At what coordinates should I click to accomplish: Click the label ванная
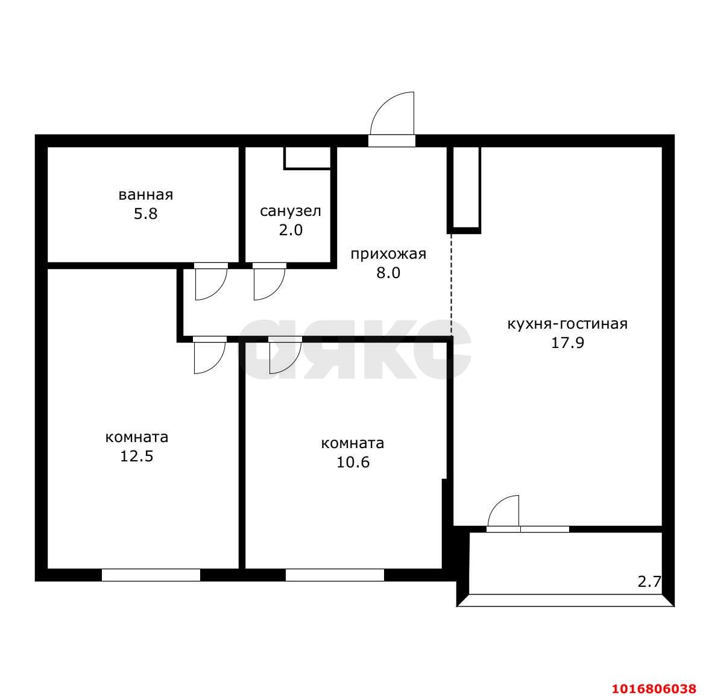[146, 195]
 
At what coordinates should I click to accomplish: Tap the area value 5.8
[146, 213]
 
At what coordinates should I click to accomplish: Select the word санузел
[291, 211]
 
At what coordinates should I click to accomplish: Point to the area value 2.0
[291, 230]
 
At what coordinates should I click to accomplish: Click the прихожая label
[388, 255]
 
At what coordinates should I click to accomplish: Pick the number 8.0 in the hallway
[388, 273]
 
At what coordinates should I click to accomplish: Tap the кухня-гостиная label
[567, 324]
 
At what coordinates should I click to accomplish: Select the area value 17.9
[567, 343]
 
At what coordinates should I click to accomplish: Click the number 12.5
[136, 456]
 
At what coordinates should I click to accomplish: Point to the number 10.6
[353, 462]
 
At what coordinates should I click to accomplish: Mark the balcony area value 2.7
[649, 581]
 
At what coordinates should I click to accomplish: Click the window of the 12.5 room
[151, 575]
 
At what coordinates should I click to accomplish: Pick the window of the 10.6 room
[335, 575]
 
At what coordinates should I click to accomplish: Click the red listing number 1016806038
[654, 689]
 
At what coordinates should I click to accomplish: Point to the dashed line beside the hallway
[451, 285]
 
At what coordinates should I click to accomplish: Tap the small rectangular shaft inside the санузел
[307, 158]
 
